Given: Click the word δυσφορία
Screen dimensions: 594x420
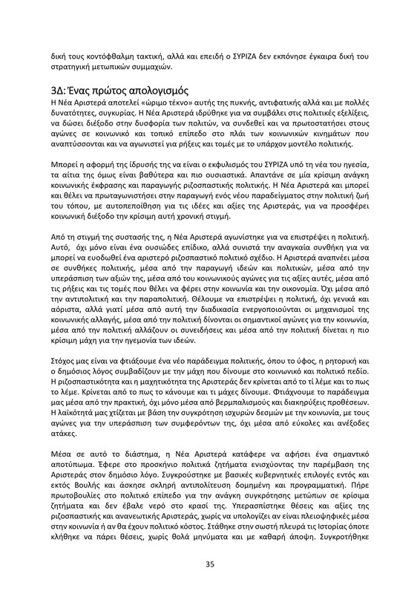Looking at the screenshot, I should [163, 125].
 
